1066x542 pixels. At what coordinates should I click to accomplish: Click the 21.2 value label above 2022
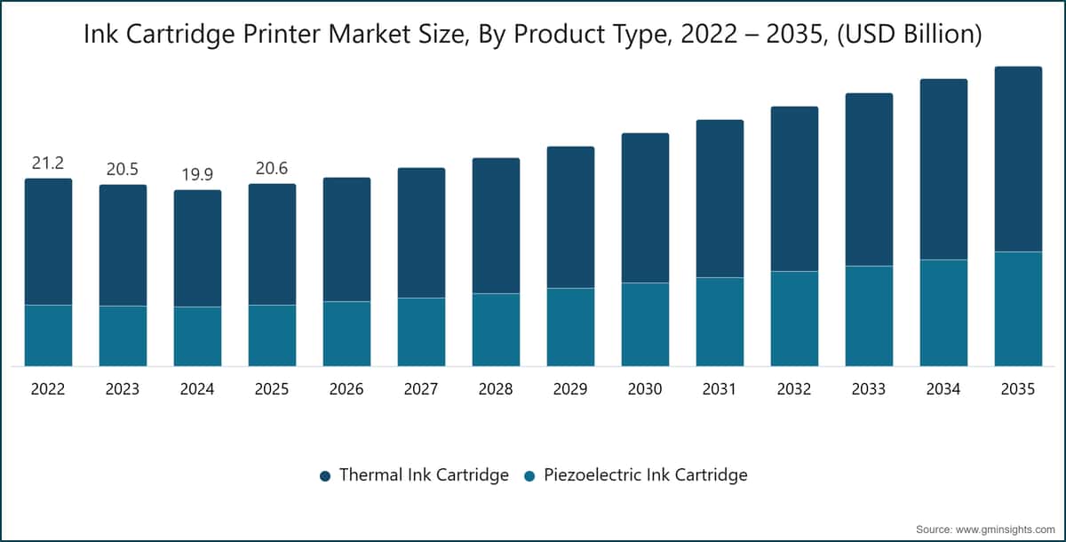(x=48, y=163)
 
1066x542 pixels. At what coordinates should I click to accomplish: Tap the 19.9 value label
(x=197, y=175)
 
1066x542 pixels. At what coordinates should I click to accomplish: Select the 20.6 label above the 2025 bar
(x=272, y=169)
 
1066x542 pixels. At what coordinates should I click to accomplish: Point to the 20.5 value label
(x=123, y=170)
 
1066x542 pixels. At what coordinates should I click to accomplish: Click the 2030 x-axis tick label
(x=645, y=389)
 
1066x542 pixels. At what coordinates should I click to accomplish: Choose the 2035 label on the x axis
(x=1018, y=389)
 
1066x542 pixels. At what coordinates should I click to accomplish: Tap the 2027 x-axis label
(x=421, y=389)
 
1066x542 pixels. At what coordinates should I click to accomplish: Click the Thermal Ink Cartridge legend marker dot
(x=325, y=476)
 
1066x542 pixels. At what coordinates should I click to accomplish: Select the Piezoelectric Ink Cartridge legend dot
(x=529, y=476)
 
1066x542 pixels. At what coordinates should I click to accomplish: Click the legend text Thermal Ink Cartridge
(x=424, y=474)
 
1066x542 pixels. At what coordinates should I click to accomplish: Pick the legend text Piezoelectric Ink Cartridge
(x=646, y=474)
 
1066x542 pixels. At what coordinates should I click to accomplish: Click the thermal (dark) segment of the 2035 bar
(x=1018, y=159)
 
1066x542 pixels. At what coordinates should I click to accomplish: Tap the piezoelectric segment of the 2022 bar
(x=49, y=336)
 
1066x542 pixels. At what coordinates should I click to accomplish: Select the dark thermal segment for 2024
(x=197, y=249)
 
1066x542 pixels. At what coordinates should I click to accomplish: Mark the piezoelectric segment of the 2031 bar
(x=720, y=322)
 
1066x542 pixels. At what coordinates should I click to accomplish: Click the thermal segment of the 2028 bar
(x=496, y=226)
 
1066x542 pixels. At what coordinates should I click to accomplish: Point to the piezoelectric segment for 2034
(x=943, y=313)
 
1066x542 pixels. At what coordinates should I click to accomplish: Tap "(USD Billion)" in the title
(x=910, y=35)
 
